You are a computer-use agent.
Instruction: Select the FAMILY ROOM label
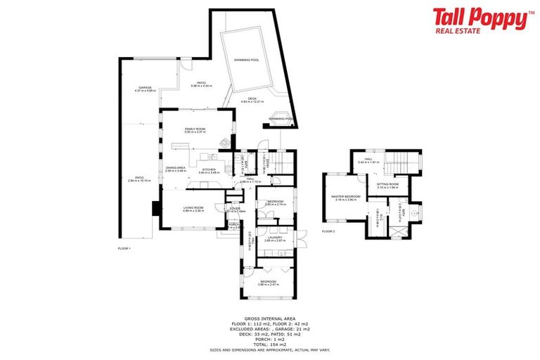click(195, 129)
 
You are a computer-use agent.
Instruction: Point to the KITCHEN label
click(209, 169)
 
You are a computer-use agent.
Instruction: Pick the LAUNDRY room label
click(274, 238)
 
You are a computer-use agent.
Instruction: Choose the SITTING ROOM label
click(387, 185)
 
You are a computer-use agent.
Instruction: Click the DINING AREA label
click(175, 167)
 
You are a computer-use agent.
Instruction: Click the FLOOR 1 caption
click(124, 248)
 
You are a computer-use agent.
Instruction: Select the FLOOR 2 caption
click(329, 231)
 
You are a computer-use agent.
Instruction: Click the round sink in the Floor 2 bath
click(416, 210)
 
